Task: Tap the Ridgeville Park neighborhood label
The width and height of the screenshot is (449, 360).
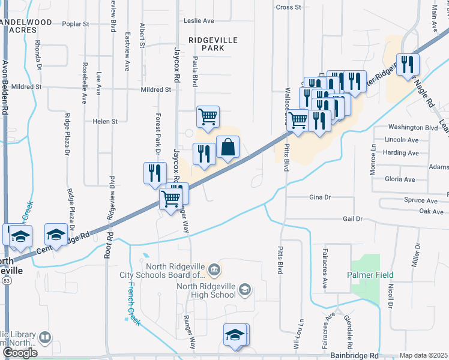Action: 213,44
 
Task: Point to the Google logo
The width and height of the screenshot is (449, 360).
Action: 20,352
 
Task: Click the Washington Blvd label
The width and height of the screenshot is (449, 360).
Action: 412,127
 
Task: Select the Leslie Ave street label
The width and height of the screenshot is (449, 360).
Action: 199,20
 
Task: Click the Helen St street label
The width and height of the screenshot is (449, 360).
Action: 106,121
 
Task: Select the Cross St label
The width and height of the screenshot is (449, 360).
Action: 288,7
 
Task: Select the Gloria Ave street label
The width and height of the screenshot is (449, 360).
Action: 400,179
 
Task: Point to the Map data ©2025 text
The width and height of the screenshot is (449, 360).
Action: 424,355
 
